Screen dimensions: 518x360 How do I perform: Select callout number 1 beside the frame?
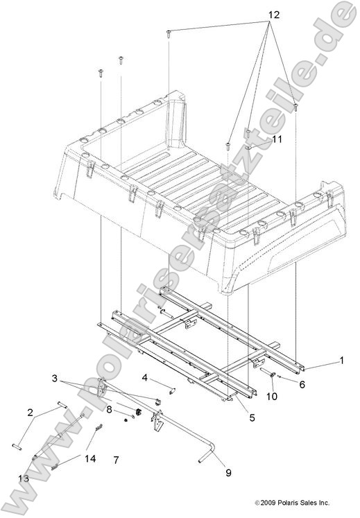coord(341,360)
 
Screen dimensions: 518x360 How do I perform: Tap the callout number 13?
coord(24,478)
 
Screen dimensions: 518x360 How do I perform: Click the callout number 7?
coord(117,460)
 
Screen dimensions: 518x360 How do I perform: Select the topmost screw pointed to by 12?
coord(169,33)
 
